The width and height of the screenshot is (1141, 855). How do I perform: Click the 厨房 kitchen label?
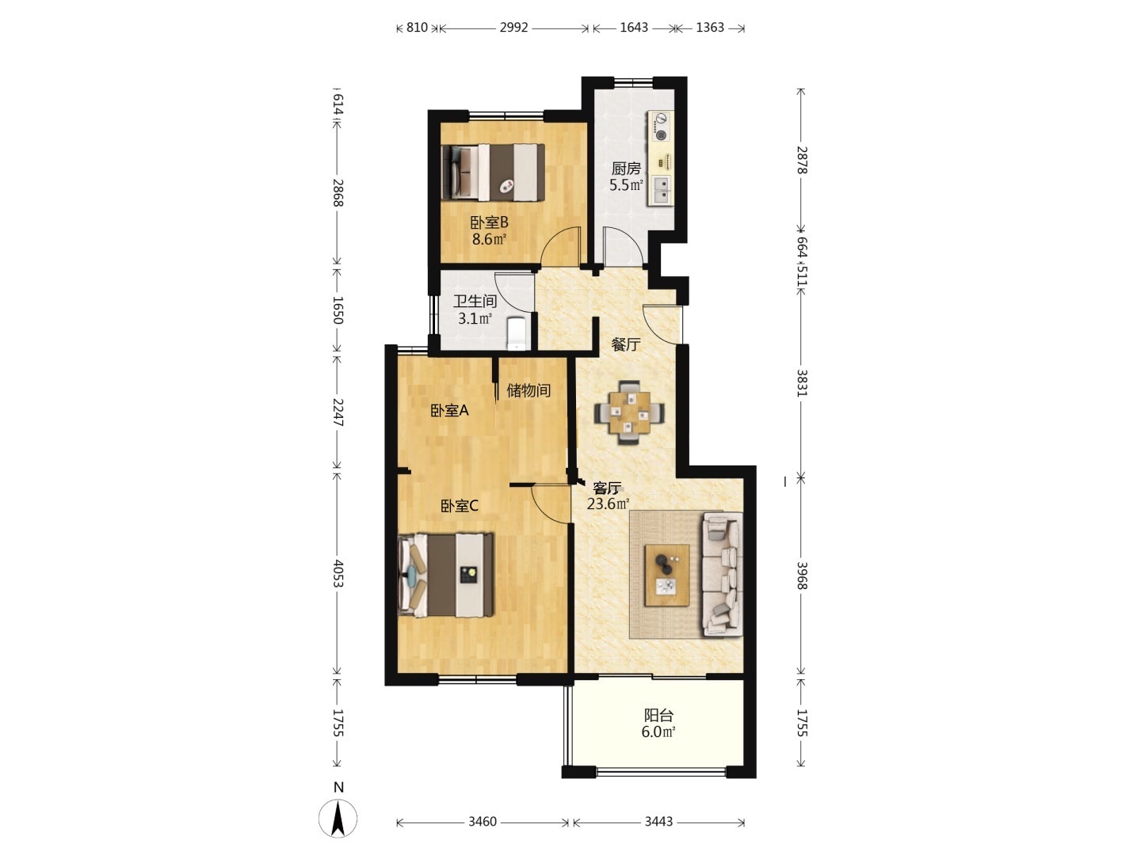(x=626, y=169)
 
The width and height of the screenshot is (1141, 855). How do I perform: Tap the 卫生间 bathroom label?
(x=475, y=302)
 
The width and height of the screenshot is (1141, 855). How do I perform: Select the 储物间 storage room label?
(x=529, y=390)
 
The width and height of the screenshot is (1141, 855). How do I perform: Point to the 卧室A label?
(x=449, y=411)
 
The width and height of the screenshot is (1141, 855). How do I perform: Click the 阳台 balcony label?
(x=658, y=716)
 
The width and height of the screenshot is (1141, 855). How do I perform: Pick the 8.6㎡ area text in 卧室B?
(x=489, y=239)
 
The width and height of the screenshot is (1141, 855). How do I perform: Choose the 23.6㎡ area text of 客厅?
(x=609, y=503)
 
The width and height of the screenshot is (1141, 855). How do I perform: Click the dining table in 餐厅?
(x=629, y=412)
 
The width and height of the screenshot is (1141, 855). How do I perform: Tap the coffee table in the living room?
(x=667, y=576)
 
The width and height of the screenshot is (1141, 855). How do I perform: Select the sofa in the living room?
(x=723, y=574)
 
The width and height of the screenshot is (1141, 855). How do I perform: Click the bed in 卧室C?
(x=446, y=576)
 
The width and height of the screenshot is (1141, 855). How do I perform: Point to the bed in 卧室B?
(x=493, y=173)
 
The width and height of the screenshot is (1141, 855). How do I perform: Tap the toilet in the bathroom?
(x=517, y=334)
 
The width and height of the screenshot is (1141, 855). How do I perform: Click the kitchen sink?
(x=661, y=190)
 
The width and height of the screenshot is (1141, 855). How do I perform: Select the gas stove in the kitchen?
(x=661, y=127)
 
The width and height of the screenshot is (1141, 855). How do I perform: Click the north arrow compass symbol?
(x=338, y=818)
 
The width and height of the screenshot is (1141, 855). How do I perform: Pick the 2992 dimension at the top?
(x=513, y=28)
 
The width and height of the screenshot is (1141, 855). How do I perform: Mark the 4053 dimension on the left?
(x=338, y=574)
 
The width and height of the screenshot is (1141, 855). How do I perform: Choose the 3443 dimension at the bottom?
(x=658, y=821)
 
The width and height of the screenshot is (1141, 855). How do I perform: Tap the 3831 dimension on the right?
(x=801, y=383)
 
